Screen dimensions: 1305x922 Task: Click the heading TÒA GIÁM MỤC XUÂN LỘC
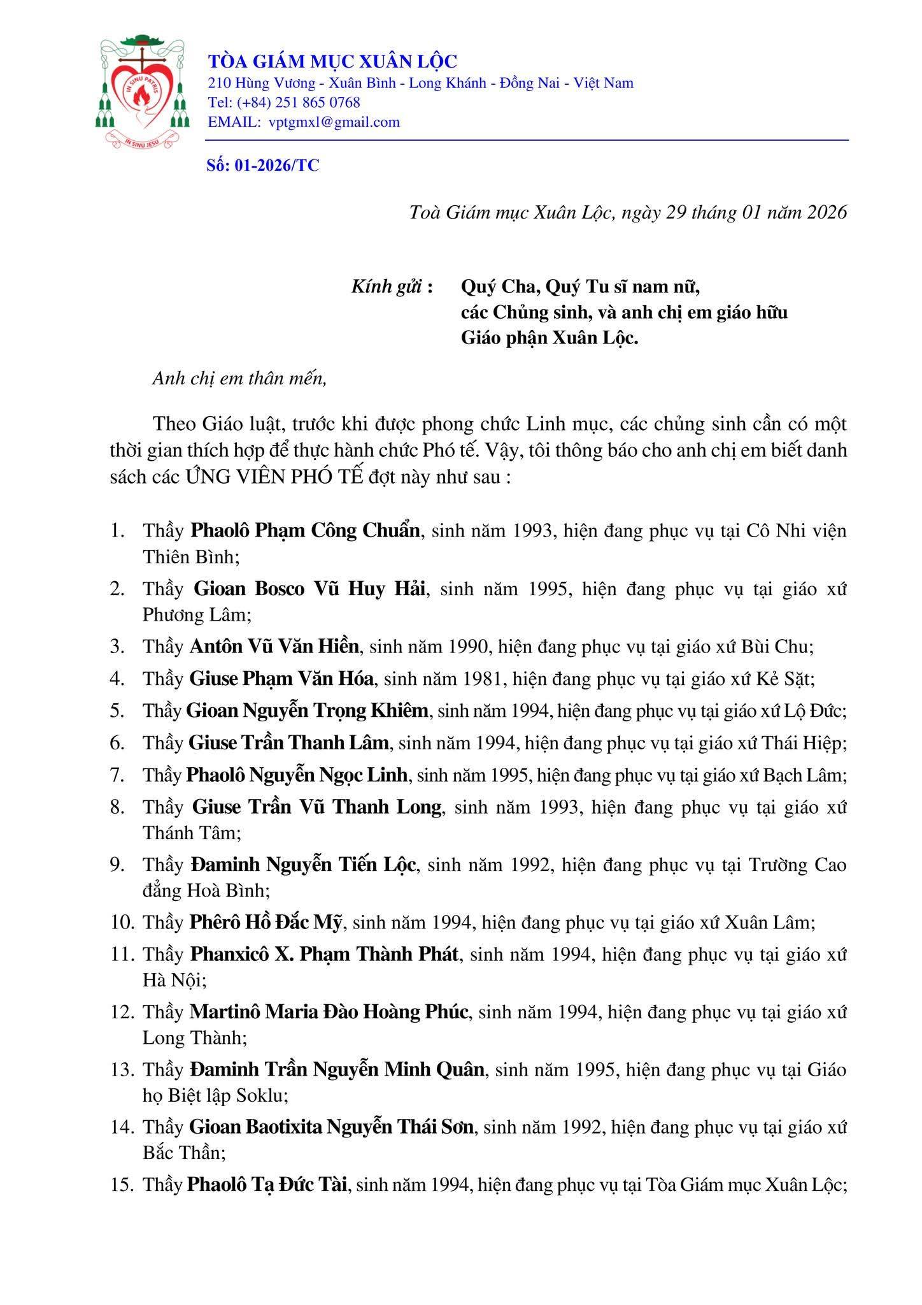(333, 61)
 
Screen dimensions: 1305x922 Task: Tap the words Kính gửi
(387, 287)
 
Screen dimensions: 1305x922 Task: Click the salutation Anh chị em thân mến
(239, 379)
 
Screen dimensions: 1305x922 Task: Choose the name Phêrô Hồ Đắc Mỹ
(266, 921)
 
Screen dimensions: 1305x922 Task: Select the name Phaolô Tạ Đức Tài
(266, 1185)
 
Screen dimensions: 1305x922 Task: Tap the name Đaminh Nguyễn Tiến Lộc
(303, 865)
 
